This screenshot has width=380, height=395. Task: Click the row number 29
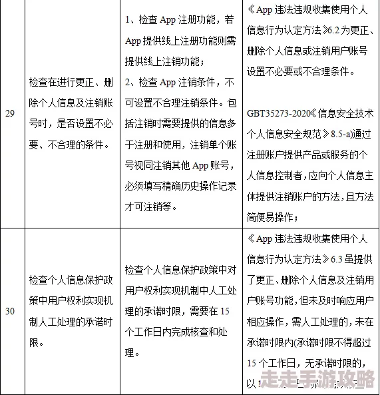[x=10, y=113]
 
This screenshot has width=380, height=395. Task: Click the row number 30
[x=10, y=310]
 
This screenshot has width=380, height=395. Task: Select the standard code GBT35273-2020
[x=275, y=113]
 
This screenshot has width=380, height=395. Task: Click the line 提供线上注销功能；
[x=164, y=61]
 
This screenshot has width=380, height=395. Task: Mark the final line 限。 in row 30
[x=36, y=344]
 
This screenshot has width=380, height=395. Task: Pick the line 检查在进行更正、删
[x=65, y=83]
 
